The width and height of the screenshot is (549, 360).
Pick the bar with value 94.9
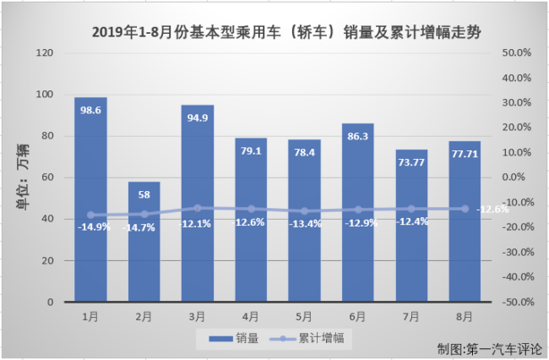coord(198,203)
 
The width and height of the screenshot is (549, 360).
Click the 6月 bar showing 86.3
coord(357,211)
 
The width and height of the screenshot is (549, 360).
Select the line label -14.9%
coord(90,226)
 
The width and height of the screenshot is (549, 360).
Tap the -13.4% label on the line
coord(304,224)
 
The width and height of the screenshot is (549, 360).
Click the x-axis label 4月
coord(251,317)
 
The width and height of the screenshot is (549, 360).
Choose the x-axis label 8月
coord(465,317)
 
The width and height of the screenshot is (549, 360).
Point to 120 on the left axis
coord(46,53)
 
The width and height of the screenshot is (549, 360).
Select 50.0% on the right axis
coord(515,53)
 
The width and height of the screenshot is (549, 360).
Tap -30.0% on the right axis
coord(515,252)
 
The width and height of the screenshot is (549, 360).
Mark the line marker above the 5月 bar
coord(304,211)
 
